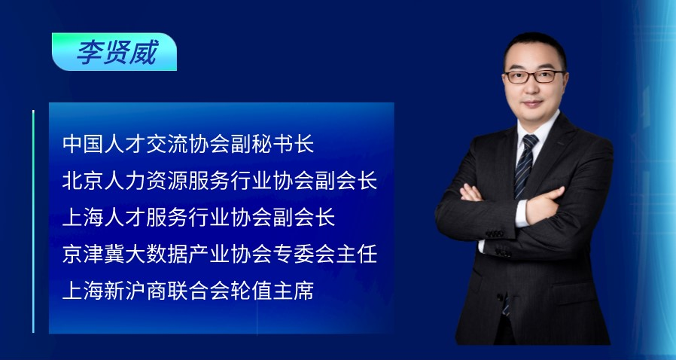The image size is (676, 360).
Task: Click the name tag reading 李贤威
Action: (114, 52)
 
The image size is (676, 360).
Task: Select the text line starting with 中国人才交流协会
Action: (187, 143)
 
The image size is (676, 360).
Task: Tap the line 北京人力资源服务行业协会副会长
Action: (219, 180)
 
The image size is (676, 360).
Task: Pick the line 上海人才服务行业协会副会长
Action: (198, 217)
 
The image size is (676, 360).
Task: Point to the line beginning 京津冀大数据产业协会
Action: (219, 254)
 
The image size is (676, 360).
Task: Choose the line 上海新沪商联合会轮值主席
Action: (187, 291)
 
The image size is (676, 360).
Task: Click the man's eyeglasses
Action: (534, 76)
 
